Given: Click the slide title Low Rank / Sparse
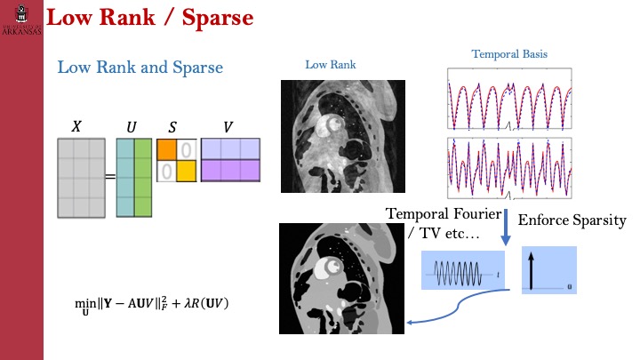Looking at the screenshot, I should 148,18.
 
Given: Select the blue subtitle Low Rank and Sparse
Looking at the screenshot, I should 140,67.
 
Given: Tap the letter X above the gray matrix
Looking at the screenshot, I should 76,127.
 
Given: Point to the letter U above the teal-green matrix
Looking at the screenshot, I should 131,127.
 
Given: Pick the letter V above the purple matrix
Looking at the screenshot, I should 229,127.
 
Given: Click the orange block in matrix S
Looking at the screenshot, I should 167,148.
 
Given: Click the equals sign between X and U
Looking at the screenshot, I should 110,177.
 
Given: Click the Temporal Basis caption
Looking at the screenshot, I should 509,54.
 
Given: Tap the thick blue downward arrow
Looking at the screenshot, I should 505,227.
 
